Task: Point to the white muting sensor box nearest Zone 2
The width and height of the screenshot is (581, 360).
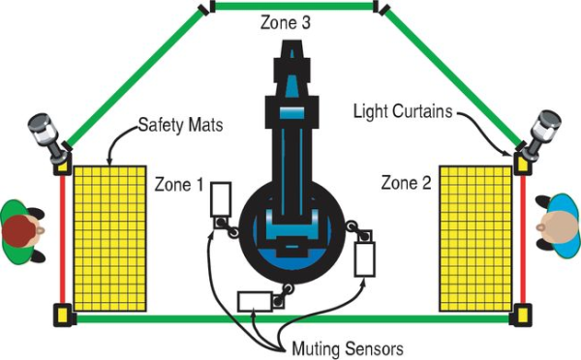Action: point(365,259)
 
